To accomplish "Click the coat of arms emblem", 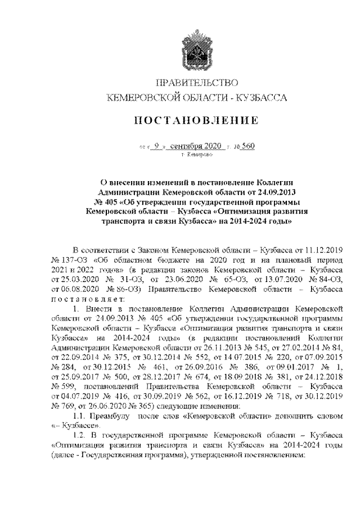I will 196,52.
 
